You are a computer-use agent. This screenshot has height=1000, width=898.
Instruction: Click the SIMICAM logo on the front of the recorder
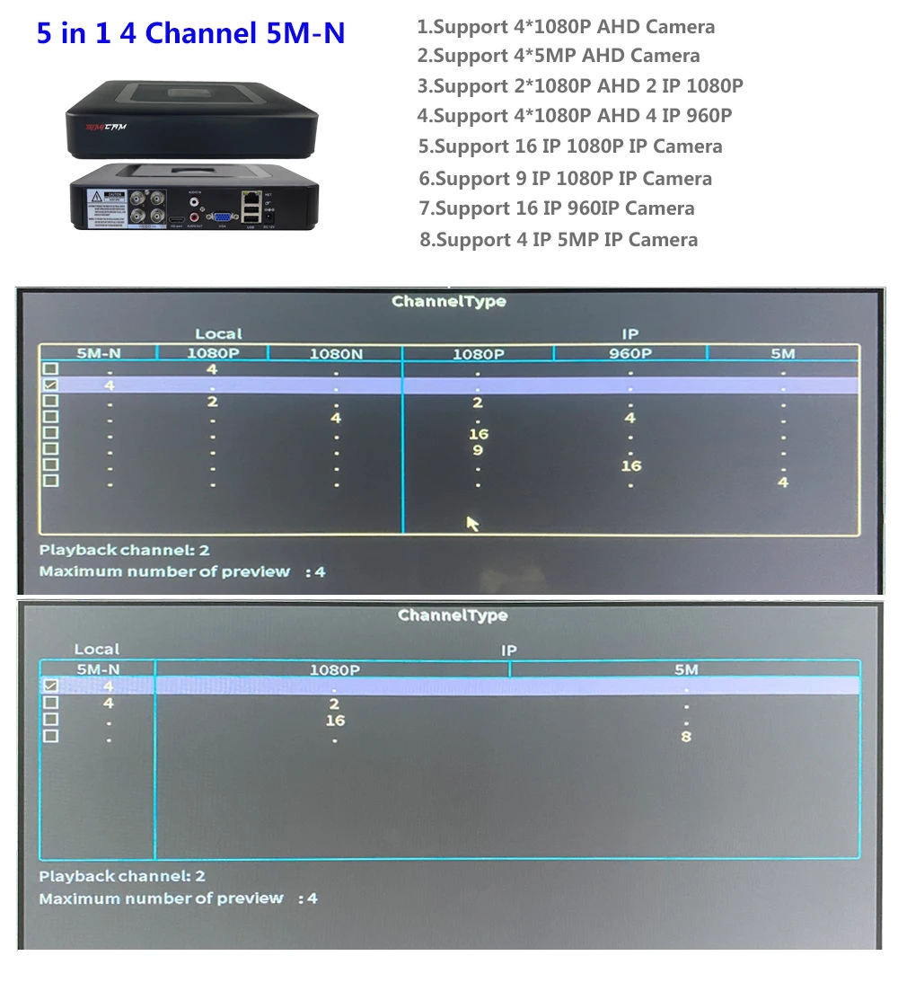pos(106,127)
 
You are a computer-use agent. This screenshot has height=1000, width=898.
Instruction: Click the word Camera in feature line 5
pos(687,146)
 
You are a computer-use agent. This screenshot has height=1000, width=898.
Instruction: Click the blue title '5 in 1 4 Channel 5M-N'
pos(190,34)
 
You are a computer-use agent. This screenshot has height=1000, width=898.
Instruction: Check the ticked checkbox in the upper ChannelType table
pos(51,385)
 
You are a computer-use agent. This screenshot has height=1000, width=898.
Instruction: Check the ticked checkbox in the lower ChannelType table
pos(51,686)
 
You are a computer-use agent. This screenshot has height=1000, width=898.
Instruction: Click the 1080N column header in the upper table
pos(336,353)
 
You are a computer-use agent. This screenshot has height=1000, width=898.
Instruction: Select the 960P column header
pos(629,353)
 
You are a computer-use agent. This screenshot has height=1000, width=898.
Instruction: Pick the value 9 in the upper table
pos(478,450)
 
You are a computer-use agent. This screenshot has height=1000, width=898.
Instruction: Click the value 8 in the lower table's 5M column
pos(686,737)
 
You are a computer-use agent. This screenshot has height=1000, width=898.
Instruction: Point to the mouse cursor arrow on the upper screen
pos(472,523)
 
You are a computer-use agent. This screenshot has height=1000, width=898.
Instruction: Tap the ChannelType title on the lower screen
pos(453,615)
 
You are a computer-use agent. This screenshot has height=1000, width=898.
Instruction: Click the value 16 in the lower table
pos(335,721)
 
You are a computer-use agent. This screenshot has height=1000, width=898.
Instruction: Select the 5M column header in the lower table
pos(686,669)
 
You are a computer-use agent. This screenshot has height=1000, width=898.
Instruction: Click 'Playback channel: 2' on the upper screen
pos(125,550)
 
